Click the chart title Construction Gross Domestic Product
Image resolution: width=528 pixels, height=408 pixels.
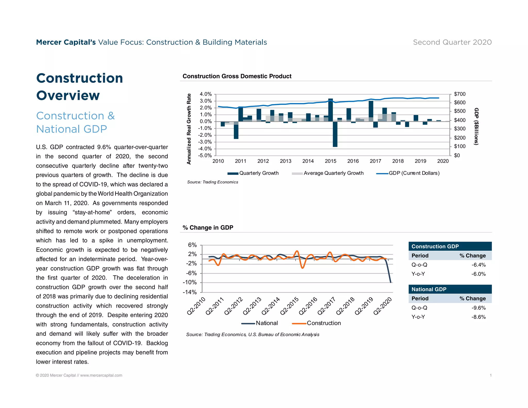237,76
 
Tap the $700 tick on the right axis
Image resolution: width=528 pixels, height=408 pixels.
460,94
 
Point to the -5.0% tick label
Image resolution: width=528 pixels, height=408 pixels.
205,156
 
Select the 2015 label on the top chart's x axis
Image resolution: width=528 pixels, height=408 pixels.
331,161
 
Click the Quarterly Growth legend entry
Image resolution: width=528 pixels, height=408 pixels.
259,173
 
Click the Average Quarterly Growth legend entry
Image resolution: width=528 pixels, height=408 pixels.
334,173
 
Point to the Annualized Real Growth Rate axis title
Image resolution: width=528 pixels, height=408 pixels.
189,129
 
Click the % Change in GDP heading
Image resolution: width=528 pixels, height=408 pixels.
208,228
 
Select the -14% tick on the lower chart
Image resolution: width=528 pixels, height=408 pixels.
190,292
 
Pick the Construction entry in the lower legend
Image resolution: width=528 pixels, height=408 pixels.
324,323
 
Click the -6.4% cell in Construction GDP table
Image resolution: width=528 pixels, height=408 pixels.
478,265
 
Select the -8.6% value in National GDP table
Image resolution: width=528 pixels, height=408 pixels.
478,317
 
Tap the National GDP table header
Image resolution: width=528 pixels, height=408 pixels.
429,289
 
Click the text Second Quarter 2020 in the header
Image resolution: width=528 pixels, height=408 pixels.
452,42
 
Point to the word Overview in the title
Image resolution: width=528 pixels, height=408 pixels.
68,95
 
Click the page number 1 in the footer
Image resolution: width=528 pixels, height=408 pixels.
491,375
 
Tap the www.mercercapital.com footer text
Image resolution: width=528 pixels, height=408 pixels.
101,375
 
